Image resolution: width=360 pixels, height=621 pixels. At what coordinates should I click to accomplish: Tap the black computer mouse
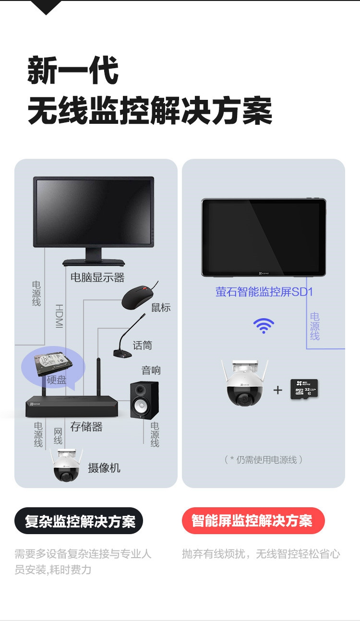pos(138,297)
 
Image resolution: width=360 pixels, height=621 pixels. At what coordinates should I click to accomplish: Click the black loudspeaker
pos(144,400)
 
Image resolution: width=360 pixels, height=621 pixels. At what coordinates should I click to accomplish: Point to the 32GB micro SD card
pos(304,389)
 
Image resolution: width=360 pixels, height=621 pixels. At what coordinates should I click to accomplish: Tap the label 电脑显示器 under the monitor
pos(97,277)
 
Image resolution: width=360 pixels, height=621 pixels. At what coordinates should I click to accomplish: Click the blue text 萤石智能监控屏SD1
pos(264,292)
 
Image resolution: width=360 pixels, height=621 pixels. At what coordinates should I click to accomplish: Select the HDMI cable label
pos(60,316)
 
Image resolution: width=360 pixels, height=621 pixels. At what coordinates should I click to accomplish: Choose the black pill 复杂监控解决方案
pos(79,521)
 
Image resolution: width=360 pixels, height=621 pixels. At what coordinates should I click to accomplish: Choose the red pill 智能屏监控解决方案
pos(253,521)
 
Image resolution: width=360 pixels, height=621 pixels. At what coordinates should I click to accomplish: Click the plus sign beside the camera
pos(277,390)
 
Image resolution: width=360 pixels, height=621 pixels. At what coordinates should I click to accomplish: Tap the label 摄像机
pos(104,468)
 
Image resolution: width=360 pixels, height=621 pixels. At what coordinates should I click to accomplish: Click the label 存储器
pos(86,427)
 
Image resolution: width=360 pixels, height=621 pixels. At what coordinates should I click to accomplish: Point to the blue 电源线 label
pos(315,326)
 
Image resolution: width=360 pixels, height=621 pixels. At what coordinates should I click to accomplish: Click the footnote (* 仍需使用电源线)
pos(263,460)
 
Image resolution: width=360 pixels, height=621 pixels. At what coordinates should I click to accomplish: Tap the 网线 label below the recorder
pos(58,436)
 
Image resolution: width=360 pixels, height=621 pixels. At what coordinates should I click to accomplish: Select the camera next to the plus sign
pos(244,382)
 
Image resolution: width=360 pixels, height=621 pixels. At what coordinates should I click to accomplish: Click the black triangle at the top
pos(46,7)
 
